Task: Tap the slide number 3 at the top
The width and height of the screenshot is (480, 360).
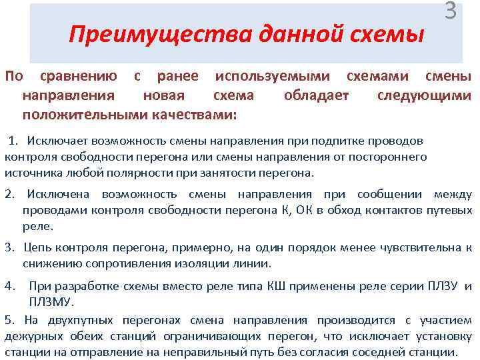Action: click(x=451, y=11)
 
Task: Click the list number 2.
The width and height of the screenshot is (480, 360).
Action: click(x=9, y=194)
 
